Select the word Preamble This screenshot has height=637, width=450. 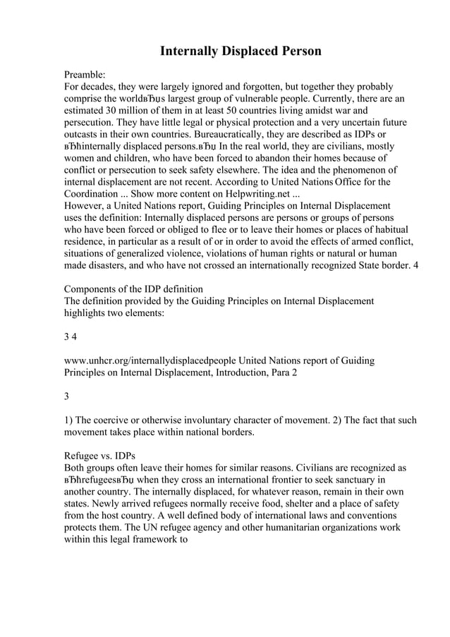click(x=84, y=73)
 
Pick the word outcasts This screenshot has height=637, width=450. click(x=84, y=136)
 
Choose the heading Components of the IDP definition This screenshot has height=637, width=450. click(x=133, y=289)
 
